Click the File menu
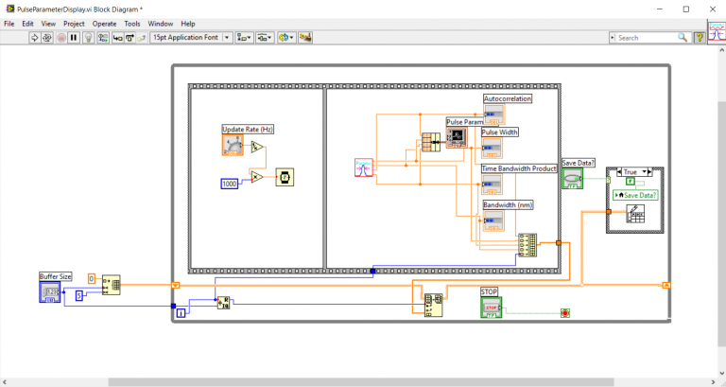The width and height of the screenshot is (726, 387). tap(9, 23)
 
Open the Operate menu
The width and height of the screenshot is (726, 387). tap(104, 23)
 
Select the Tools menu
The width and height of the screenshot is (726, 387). tap(132, 23)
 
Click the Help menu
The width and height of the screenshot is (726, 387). tap(188, 23)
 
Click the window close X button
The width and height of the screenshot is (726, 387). tap(703, 8)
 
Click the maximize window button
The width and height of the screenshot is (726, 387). tap(681, 8)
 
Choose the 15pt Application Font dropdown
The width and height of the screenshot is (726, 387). tap(189, 38)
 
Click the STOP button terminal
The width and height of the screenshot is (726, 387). tap(491, 308)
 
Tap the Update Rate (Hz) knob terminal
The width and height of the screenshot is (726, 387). tap(233, 145)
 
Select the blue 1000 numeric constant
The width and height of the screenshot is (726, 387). tap(229, 183)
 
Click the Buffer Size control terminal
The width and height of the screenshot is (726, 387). tap(50, 292)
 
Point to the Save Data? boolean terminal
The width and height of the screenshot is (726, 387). tap(573, 179)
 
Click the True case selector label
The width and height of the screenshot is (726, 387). tap(631, 173)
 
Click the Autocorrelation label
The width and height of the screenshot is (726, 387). tap(508, 98)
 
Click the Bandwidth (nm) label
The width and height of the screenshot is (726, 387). tap(508, 204)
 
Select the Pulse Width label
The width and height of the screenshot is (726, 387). tap(500, 132)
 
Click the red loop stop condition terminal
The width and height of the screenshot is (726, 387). tap(565, 311)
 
